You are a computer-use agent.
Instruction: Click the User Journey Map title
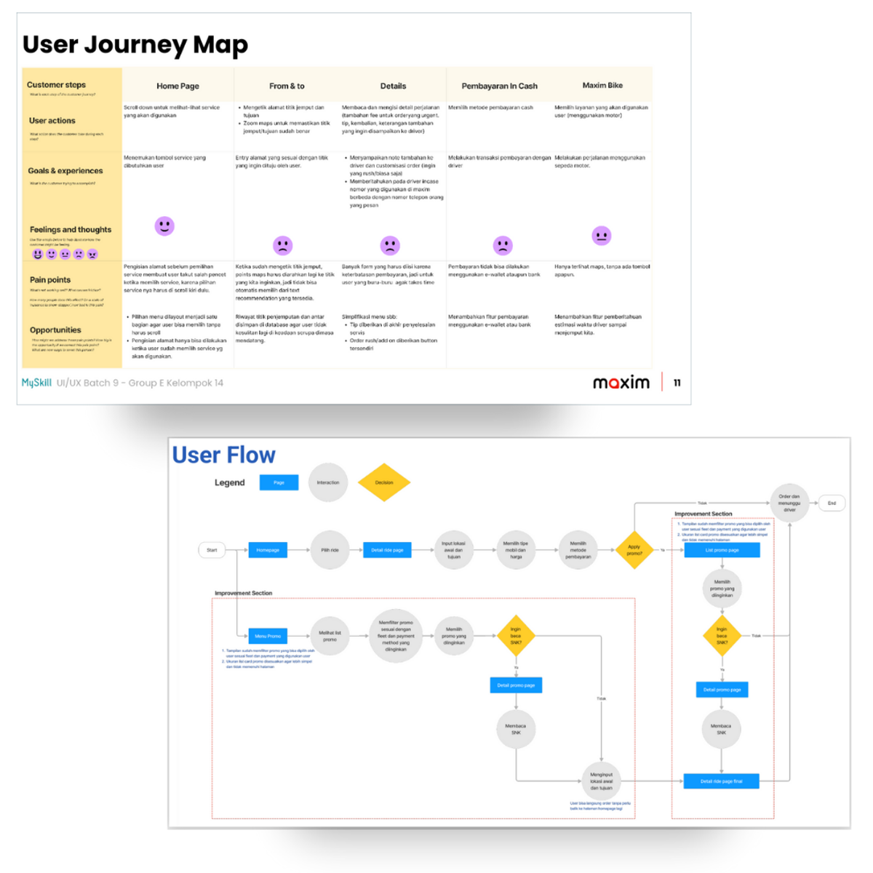coord(135,45)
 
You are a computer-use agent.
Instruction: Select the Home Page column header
coord(178,86)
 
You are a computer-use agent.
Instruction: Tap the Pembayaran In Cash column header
coord(499,86)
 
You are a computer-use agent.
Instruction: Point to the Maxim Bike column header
coord(602,85)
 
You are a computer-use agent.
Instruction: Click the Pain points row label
coord(50,280)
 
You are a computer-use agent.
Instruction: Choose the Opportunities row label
coord(55,330)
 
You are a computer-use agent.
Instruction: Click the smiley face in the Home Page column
coord(164,226)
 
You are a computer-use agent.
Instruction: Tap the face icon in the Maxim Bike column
coord(601,236)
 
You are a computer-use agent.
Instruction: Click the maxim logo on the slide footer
coord(621,383)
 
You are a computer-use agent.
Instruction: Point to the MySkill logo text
coord(36,383)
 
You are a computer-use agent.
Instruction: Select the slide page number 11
coord(677,383)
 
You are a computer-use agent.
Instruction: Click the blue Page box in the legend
coord(279,482)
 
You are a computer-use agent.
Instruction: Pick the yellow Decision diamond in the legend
coord(384,482)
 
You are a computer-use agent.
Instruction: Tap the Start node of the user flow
coord(212,550)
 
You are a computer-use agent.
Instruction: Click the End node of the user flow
coord(832,503)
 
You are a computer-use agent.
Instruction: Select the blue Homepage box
coord(268,550)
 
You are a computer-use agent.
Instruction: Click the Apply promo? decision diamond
coord(634,550)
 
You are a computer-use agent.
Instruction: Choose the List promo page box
coord(722,550)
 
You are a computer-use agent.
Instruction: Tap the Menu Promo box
coord(268,636)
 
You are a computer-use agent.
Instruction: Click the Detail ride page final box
coord(721,781)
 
